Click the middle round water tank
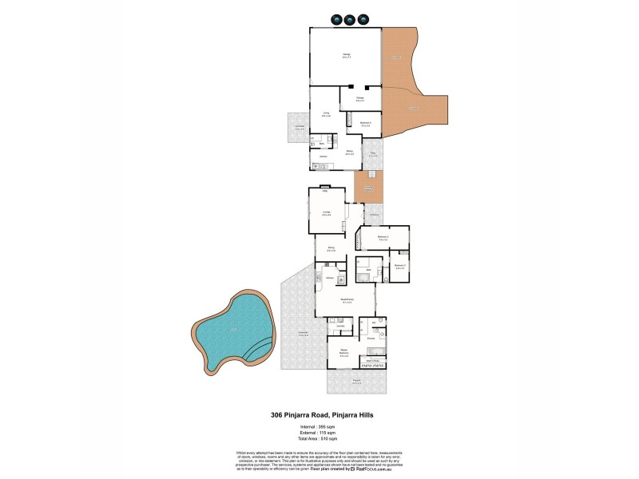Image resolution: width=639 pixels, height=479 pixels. tap(349, 20)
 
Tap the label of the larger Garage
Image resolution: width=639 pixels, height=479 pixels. tap(347, 55)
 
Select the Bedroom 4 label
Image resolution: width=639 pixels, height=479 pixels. tap(365, 123)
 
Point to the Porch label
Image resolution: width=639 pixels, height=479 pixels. tap(372, 155)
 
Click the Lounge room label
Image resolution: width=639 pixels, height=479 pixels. tap(326, 213)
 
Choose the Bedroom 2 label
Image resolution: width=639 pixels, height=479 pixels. tap(383, 237)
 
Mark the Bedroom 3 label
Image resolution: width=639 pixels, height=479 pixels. tap(400, 266)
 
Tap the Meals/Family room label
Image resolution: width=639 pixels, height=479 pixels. tap(347, 301)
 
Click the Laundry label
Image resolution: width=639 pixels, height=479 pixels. tap(341, 327)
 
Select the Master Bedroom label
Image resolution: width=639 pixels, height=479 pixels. tap(343, 354)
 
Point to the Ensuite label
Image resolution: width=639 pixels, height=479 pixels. tap(371, 339)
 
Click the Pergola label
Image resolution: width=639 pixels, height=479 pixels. tap(356, 382)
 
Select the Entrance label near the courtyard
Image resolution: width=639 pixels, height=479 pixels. tap(373, 215)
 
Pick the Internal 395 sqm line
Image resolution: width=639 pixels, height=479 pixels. tap(319, 427)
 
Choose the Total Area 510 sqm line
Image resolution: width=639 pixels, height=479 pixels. tap(319, 439)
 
